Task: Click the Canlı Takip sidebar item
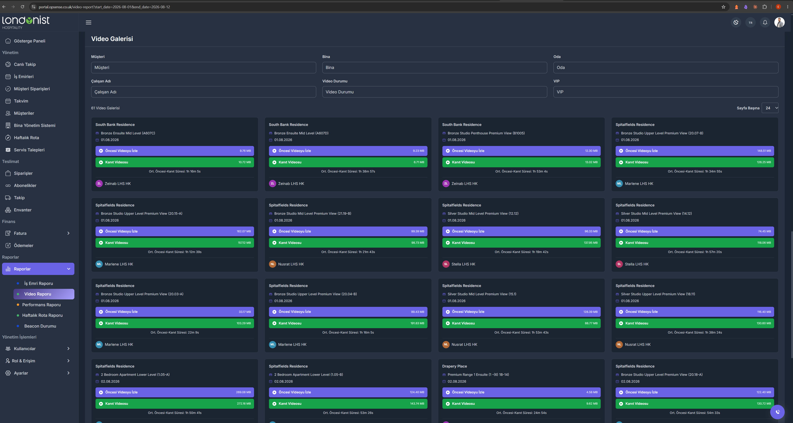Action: (x=25, y=64)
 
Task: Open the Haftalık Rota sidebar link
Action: (x=26, y=137)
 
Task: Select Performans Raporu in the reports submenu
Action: (x=41, y=305)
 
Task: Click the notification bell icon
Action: (x=765, y=22)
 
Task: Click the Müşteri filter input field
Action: (x=203, y=67)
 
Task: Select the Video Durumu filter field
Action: (x=434, y=92)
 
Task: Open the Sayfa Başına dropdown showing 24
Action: (x=770, y=108)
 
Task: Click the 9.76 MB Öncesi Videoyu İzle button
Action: (x=174, y=151)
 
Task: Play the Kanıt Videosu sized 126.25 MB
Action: (x=695, y=162)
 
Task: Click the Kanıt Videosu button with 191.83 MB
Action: (x=348, y=323)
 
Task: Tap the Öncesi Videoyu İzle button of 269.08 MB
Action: (x=174, y=392)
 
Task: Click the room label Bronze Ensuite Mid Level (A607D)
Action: (x=301, y=133)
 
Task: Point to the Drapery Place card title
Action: (x=454, y=366)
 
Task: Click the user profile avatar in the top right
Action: (x=779, y=22)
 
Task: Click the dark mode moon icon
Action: (x=736, y=22)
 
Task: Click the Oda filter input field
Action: (x=666, y=67)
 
